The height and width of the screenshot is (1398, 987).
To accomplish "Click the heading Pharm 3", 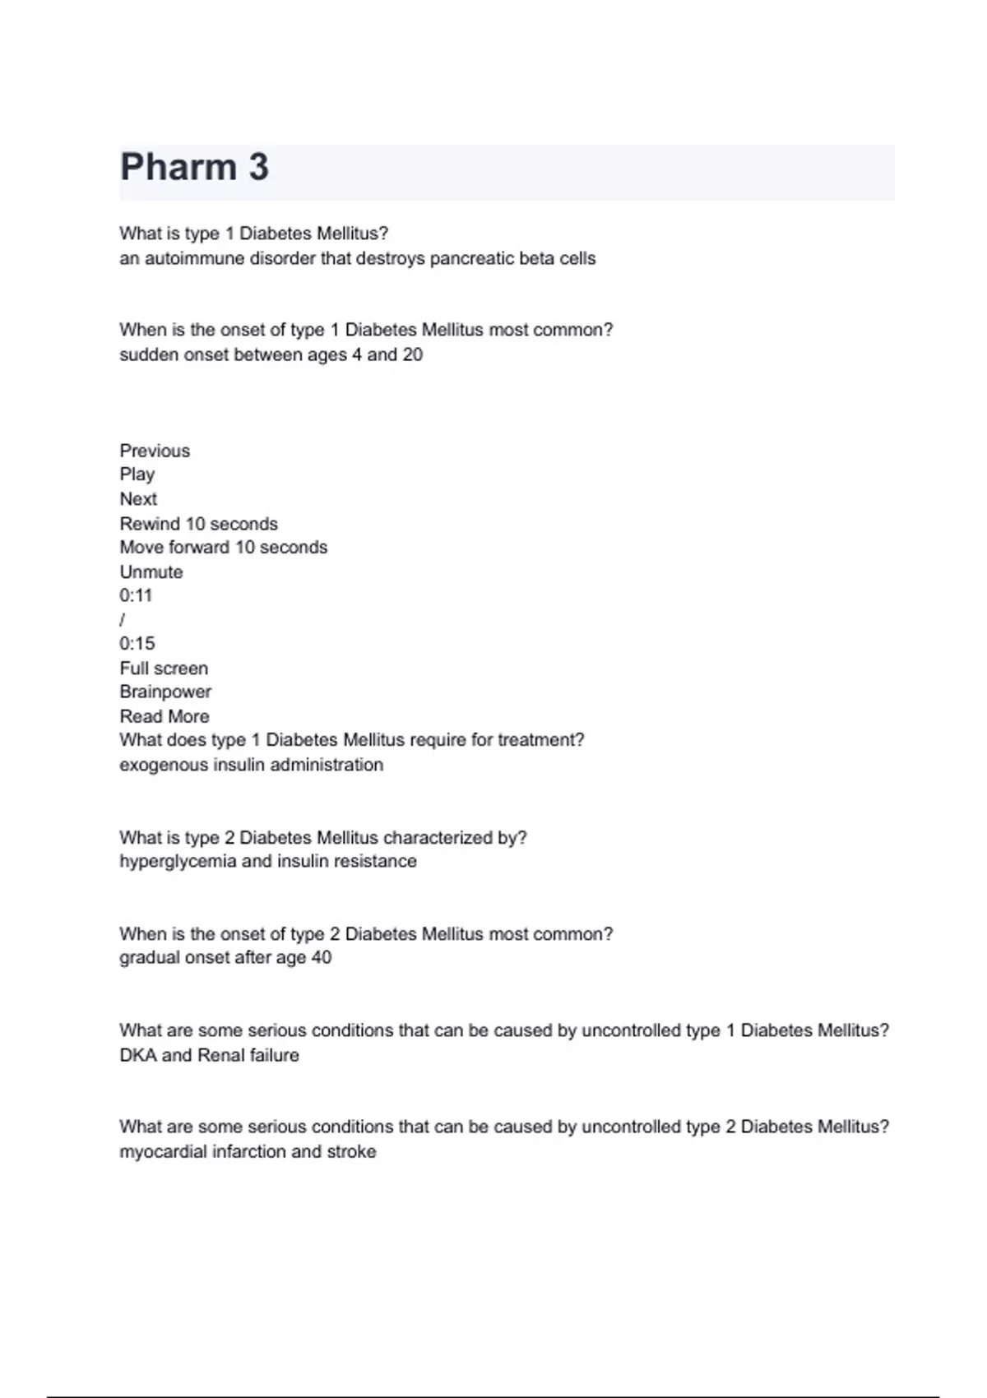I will point(194,168).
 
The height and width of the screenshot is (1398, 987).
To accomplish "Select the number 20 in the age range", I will point(412,355).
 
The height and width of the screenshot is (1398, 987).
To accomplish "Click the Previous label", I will point(155,451).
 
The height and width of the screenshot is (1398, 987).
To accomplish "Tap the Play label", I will point(137,474).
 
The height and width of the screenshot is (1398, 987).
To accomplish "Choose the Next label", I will point(138,499).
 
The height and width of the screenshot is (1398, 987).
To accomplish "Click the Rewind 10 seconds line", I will point(198,524).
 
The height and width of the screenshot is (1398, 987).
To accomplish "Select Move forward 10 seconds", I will point(223,548).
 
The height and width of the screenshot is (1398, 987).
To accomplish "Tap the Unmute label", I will point(151,572).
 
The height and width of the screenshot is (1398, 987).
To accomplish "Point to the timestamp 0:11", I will point(136,595).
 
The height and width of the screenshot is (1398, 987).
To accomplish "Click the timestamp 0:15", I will point(137,644).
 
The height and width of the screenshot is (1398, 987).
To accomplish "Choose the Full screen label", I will point(164,669).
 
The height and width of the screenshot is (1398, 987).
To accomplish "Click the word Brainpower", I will point(165,692).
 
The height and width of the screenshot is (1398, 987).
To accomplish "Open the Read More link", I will point(164,716).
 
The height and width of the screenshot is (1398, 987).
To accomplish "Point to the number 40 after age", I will point(321,958).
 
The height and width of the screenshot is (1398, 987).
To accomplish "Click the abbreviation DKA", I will point(137,1055).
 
